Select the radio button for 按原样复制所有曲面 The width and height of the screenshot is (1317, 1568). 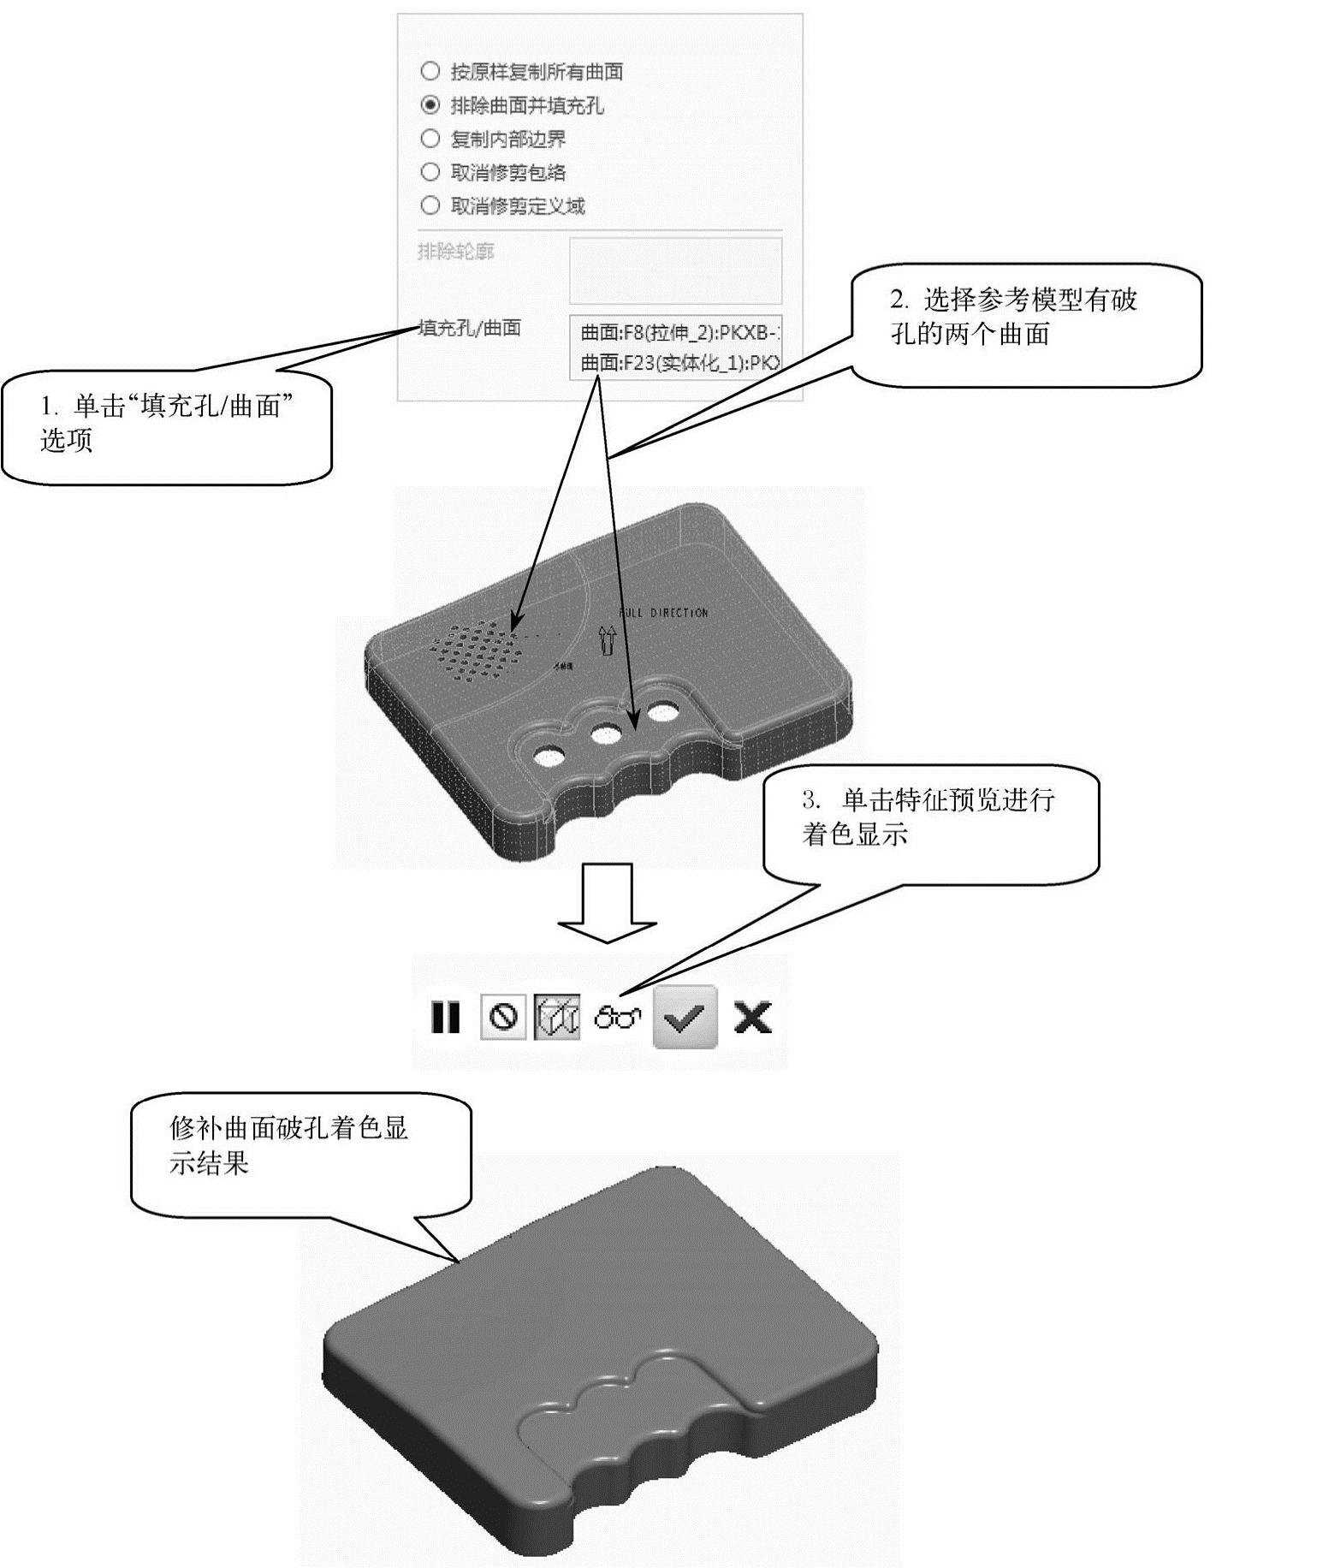point(430,72)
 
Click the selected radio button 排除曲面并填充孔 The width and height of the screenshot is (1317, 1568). point(430,105)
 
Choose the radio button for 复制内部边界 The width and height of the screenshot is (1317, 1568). point(430,139)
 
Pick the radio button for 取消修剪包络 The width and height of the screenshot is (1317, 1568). point(430,172)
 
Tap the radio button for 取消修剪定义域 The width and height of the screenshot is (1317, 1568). point(430,205)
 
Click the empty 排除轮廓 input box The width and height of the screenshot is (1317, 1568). point(675,270)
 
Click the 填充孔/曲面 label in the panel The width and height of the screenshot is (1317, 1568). point(470,328)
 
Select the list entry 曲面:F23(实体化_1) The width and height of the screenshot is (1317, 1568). point(679,363)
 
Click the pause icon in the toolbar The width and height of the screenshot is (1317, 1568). point(445,1018)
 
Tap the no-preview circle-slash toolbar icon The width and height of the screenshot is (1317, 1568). point(503,1017)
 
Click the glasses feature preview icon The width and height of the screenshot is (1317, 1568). point(618,1018)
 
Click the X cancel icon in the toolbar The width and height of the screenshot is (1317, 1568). point(752,1018)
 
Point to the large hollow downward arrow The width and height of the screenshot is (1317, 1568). point(607,903)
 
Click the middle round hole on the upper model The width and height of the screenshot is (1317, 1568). point(606,734)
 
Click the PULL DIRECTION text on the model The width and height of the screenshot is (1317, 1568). point(663,613)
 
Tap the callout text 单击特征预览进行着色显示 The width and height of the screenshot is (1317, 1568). point(928,818)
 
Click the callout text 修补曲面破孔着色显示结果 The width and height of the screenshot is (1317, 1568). point(288,1146)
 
